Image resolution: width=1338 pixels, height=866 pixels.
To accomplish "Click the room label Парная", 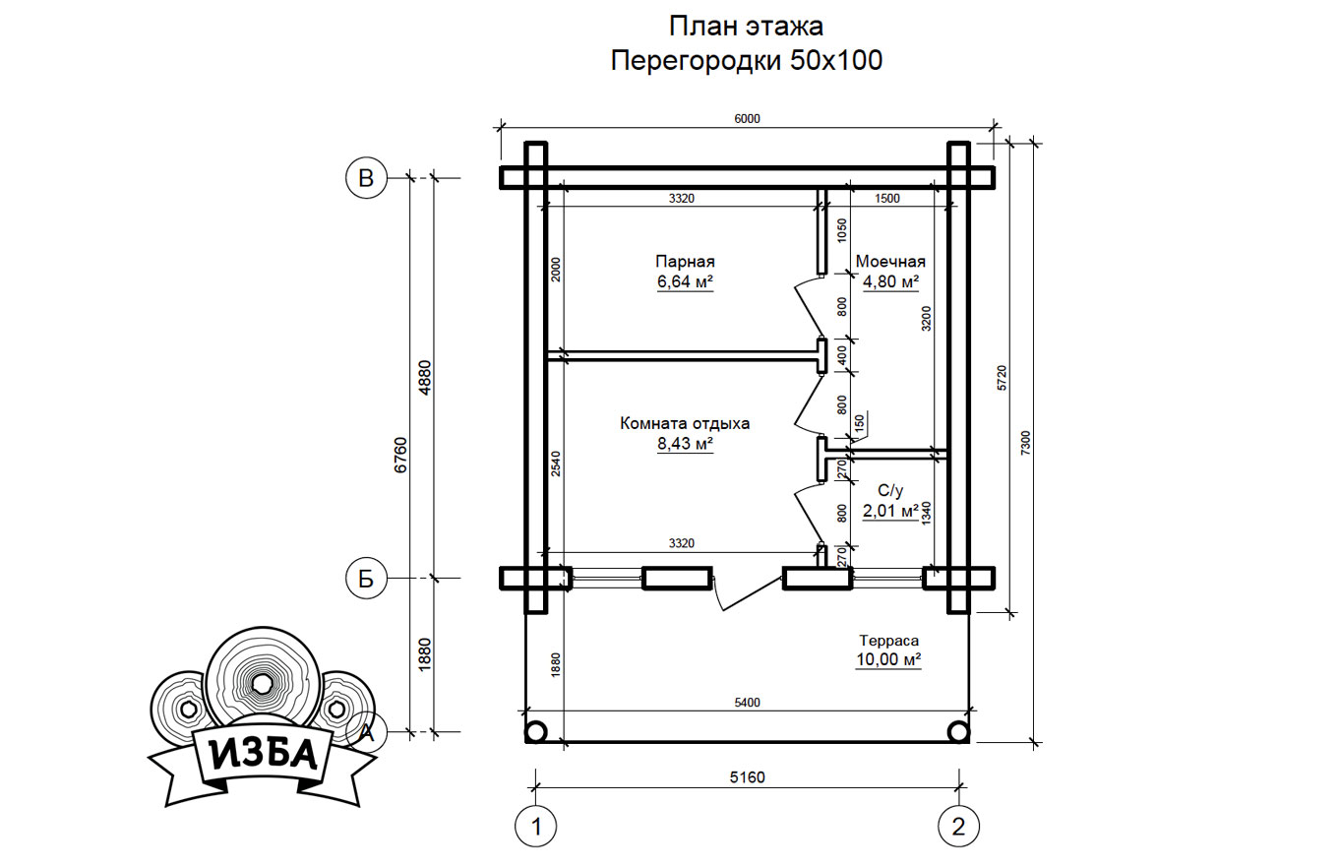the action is [685, 262].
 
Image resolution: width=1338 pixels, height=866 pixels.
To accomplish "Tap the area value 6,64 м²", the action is [685, 281].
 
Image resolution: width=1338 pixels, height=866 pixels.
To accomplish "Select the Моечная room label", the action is [890, 261].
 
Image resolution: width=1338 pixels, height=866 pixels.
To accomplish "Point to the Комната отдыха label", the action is [685, 424].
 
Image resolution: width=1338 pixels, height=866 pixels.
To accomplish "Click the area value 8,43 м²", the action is [685, 444].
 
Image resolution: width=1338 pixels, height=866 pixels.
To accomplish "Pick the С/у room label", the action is [890, 491].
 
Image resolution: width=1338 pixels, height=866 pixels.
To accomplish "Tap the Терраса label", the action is [888, 641].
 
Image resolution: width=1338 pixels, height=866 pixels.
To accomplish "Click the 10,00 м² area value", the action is [888, 659].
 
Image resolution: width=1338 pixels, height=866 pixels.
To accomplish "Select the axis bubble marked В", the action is [366, 178].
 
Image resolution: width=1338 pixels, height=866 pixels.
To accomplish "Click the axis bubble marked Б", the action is [366, 579].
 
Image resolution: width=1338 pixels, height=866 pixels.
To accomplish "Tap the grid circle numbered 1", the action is [536, 828].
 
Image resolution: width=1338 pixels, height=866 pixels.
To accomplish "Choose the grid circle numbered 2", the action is [958, 828].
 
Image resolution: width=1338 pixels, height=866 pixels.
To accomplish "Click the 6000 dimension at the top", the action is [748, 119].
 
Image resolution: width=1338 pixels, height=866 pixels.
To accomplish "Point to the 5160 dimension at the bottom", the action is [748, 777].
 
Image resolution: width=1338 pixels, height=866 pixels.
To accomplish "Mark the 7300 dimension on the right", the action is [1025, 444].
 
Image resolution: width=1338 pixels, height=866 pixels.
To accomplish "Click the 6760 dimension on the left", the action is [400, 456].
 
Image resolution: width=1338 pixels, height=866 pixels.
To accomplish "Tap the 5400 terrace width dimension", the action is [748, 703].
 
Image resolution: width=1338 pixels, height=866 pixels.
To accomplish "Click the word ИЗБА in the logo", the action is [263, 755].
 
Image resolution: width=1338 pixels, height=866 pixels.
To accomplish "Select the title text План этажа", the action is [746, 27].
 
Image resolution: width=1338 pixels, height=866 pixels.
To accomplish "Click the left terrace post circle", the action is [535, 732].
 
